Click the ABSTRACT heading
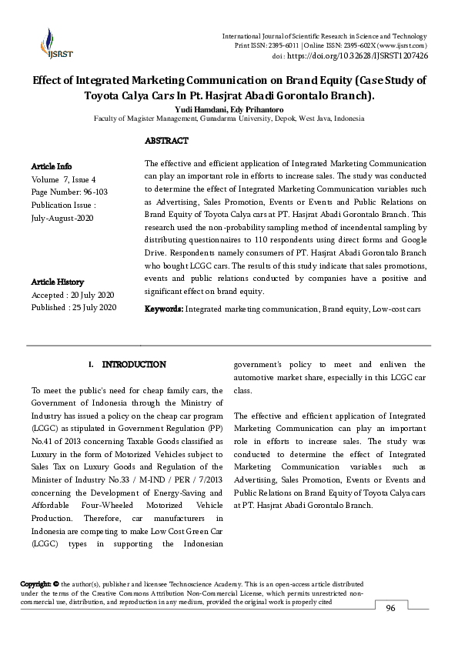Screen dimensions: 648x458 point(166,141)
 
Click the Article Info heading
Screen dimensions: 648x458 point(52,166)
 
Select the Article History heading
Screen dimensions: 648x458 point(59,282)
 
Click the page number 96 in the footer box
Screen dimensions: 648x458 point(390,609)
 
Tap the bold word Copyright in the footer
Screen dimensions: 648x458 point(35,584)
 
